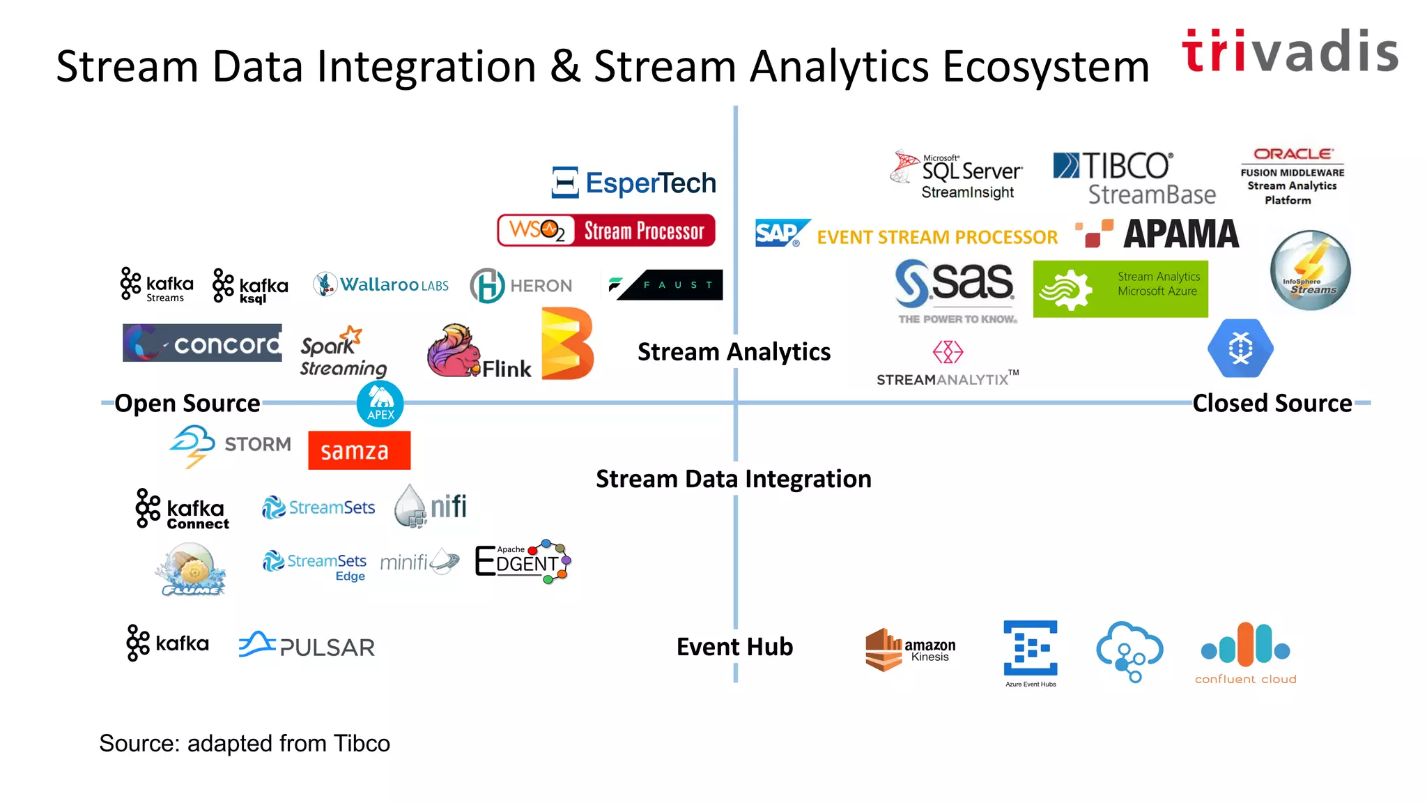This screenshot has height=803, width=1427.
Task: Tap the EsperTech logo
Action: [x=633, y=183]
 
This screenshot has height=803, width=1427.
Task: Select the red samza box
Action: [x=359, y=450]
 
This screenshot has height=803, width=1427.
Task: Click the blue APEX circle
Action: [x=380, y=404]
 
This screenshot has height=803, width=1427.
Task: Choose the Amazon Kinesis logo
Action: [x=910, y=650]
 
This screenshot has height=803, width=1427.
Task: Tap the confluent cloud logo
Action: [x=1245, y=652]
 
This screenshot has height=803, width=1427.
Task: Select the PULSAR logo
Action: [x=307, y=646]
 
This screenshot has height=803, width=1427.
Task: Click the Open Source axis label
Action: [x=187, y=404]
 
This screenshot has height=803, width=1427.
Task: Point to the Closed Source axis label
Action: [x=1272, y=404]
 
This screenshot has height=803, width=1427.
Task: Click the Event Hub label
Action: [x=734, y=647]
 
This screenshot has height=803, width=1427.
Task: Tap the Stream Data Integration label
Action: [x=733, y=479]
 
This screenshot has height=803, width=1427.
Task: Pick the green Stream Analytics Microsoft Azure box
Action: [x=1120, y=289]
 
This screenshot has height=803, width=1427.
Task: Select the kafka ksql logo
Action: [x=250, y=286]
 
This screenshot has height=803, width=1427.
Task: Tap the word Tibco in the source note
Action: [x=361, y=744]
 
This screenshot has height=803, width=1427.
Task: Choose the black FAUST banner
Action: [x=670, y=285]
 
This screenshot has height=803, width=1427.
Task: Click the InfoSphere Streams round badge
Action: [x=1310, y=270]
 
